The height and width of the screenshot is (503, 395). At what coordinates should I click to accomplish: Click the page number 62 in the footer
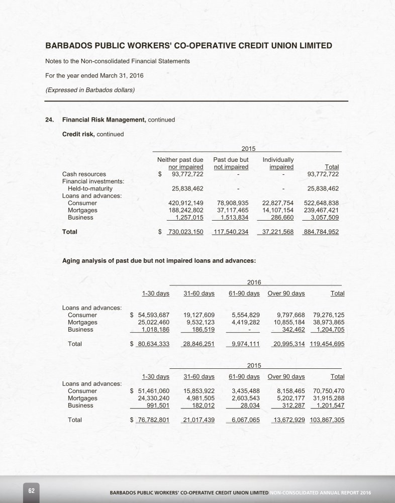click(31, 490)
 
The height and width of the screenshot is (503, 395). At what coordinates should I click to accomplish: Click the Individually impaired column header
click(278, 163)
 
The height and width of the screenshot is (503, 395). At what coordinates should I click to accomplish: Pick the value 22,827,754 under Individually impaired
click(278, 203)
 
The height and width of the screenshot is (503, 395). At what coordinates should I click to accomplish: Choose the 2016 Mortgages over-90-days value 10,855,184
click(286, 323)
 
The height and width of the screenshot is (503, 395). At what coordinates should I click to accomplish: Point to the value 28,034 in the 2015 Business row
click(249, 406)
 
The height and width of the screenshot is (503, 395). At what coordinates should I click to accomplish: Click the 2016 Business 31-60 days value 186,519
click(200, 330)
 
